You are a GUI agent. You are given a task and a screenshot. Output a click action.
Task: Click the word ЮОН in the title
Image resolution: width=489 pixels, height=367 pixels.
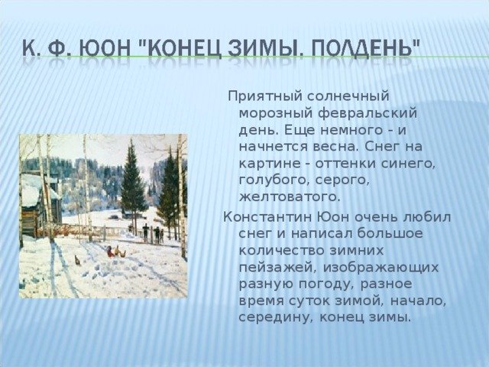[105, 49]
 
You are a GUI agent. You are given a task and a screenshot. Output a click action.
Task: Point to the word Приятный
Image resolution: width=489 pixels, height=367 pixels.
[265, 96]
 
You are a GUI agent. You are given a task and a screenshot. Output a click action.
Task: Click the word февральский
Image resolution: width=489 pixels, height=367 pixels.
[368, 113]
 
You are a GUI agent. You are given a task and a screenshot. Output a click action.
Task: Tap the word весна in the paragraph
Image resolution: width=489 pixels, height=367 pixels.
[335, 147]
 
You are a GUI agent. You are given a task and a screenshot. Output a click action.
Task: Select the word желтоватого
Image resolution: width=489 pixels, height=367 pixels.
[289, 197]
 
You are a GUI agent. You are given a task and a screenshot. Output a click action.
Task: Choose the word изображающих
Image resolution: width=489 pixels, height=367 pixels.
[381, 268]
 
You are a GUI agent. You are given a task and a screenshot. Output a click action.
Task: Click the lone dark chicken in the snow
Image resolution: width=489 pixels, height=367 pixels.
[77, 260]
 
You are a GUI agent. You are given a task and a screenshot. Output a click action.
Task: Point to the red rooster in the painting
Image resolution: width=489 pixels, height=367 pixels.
[109, 252]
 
